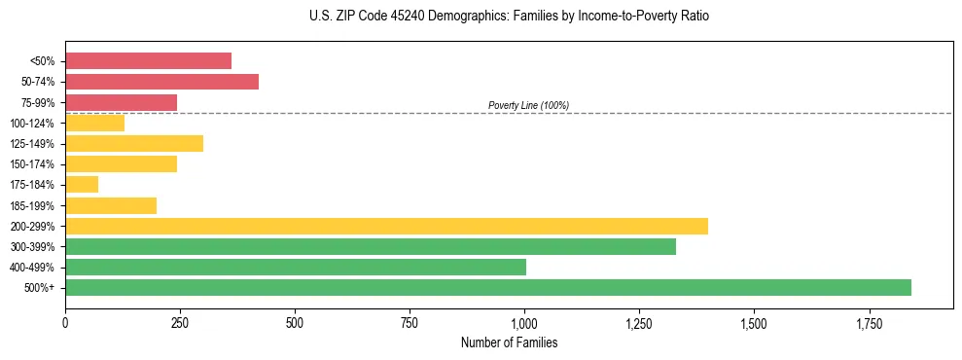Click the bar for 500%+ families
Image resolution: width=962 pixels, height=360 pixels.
click(487, 287)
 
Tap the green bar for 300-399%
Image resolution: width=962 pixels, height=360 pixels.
click(370, 246)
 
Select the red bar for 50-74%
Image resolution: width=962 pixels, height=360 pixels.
click(161, 82)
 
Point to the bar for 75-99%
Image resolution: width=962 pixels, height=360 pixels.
click(121, 102)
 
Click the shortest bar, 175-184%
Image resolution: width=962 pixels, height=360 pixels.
click(82, 184)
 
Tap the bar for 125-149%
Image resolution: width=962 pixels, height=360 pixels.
click(134, 143)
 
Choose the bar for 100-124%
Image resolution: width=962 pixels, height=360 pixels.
click(94, 123)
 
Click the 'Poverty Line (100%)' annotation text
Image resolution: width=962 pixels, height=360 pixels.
click(528, 105)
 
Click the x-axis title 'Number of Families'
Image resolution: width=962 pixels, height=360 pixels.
click(510, 342)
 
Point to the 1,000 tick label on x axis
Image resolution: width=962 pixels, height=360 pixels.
click(524, 323)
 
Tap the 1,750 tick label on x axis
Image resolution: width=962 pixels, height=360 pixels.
click(754, 323)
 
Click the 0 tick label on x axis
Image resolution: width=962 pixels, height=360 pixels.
click(65, 323)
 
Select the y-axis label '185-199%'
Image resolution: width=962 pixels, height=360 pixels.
click(32, 205)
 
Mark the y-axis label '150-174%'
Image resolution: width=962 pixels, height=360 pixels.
click(32, 164)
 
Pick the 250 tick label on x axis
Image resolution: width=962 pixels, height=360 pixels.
click(180, 323)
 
